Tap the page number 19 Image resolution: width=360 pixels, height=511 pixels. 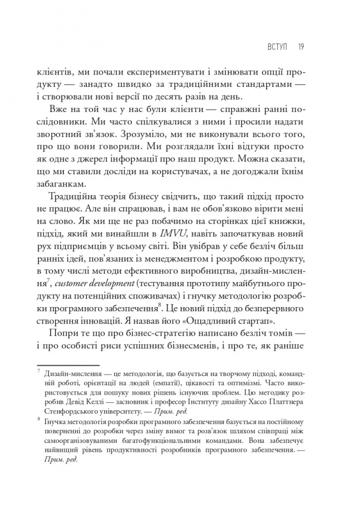pyautogui.click(x=301, y=47)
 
